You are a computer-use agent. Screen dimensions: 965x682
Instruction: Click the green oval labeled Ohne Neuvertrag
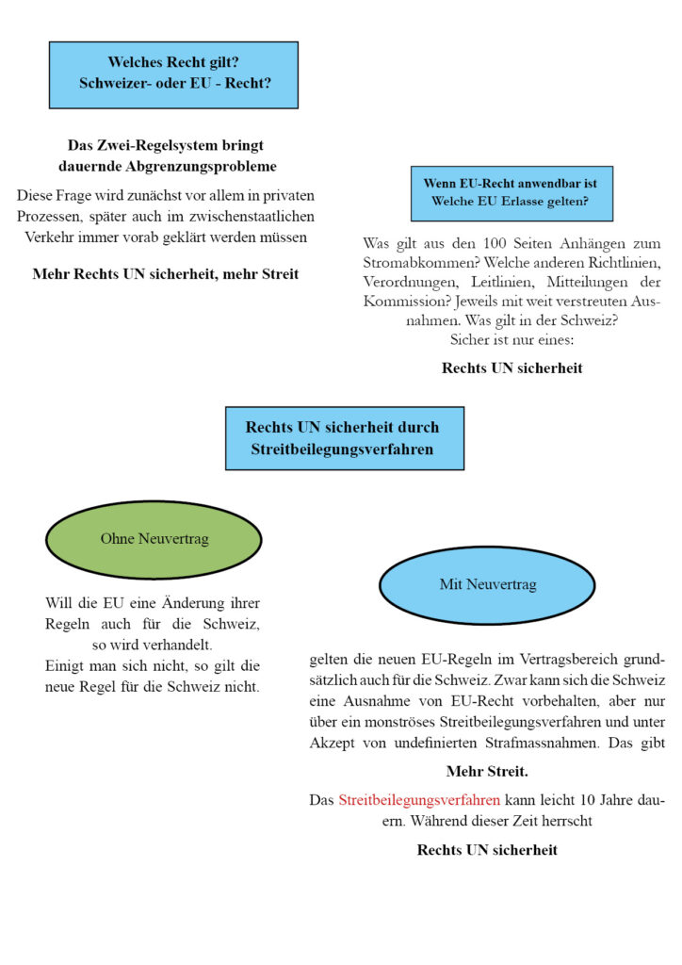[154, 539]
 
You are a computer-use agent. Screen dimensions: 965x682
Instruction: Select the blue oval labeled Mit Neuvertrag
[487, 584]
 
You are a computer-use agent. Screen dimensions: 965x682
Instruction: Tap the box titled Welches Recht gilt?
[173, 74]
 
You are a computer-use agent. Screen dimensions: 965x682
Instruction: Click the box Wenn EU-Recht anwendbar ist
[511, 192]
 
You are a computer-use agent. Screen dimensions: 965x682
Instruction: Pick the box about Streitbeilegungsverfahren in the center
[344, 438]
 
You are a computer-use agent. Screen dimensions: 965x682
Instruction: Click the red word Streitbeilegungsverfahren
[418, 800]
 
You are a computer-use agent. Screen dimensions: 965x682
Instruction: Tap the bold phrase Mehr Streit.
[487, 771]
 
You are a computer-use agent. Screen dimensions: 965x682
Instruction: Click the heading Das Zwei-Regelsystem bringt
[166, 145]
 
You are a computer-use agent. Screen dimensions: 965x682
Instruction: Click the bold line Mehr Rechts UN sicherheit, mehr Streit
[166, 274]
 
